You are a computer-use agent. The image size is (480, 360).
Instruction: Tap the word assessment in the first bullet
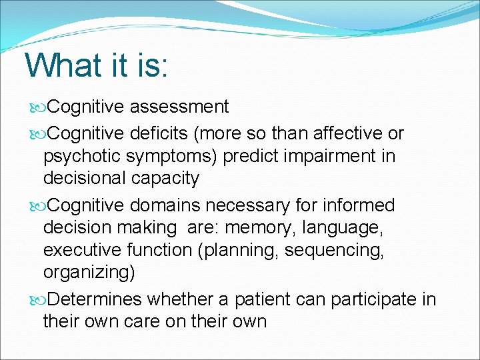tap(179, 107)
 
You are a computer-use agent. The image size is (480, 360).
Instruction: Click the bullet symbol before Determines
tap(37, 300)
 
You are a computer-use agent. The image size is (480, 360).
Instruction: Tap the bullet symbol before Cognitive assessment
tap(37, 107)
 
